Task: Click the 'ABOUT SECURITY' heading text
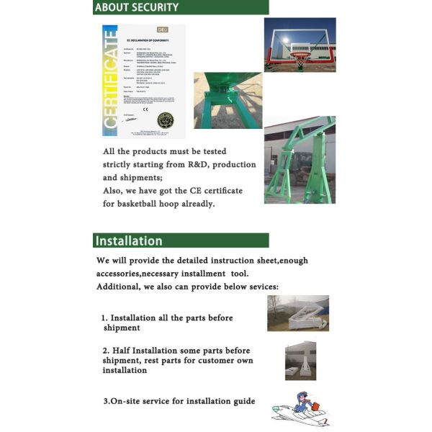(137, 7)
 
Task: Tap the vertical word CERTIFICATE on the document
(110, 81)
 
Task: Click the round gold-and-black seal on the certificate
(166, 120)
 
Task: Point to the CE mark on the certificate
(143, 117)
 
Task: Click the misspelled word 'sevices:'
(258, 287)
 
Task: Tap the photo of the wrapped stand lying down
(297, 313)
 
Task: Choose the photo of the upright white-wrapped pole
(300, 360)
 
